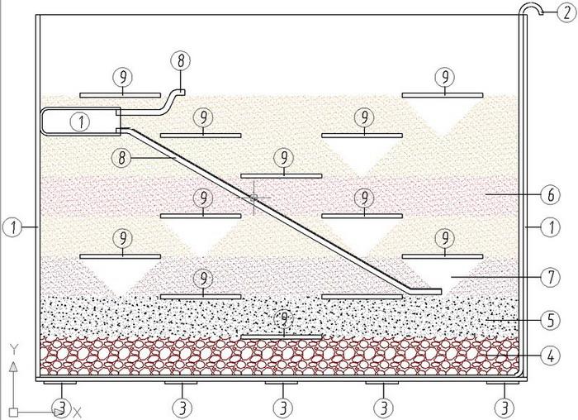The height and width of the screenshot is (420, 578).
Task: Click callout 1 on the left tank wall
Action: pyautogui.click(x=11, y=225)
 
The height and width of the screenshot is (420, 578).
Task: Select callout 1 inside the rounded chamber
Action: pyautogui.click(x=81, y=121)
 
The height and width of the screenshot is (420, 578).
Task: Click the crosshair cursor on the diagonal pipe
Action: pyautogui.click(x=253, y=198)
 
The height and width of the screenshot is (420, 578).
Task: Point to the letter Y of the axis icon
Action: pyautogui.click(x=13, y=348)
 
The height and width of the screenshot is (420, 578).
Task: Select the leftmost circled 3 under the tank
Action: pyautogui.click(x=60, y=407)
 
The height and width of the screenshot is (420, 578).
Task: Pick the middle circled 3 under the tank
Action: pyautogui.click(x=282, y=407)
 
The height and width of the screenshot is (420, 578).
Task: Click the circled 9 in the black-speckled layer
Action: pyautogui.click(x=283, y=317)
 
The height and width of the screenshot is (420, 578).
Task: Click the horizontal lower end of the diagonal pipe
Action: pyautogui.click(x=426, y=291)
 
